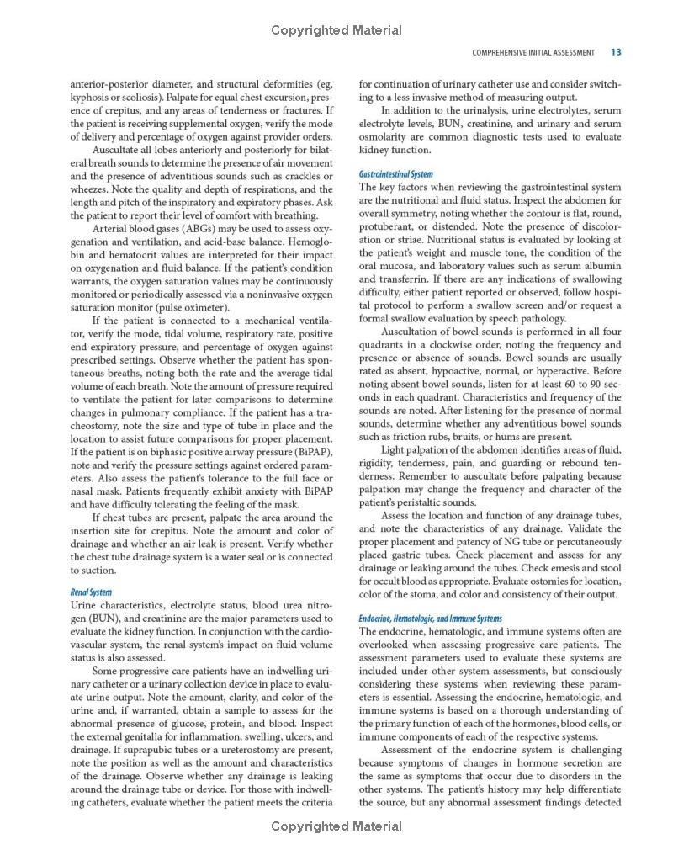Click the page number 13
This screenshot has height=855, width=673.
pyautogui.click(x=616, y=52)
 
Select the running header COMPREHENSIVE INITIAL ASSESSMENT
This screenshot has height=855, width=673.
pyautogui.click(x=533, y=52)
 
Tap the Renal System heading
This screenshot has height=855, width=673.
pyautogui.click(x=92, y=592)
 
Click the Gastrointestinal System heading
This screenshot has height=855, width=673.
pyautogui.click(x=396, y=174)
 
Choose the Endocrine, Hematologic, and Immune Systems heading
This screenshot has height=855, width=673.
pyautogui.click(x=430, y=619)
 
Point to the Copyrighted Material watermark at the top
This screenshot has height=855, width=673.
pyautogui.click(x=336, y=30)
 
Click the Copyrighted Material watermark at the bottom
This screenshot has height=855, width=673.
pyautogui.click(x=336, y=826)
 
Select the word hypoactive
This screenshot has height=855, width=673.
pyautogui.click(x=458, y=371)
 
